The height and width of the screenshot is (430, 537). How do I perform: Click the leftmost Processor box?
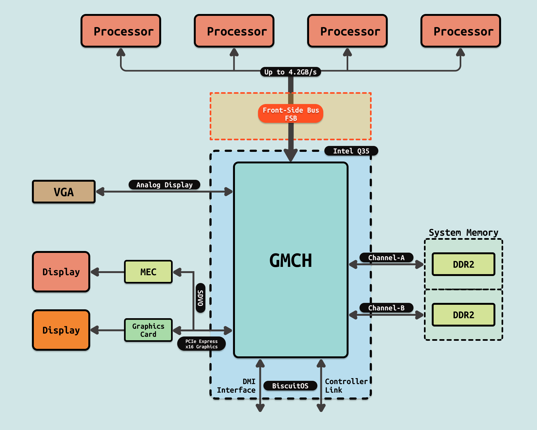tap(121, 31)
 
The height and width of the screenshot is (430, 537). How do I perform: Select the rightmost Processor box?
tap(460, 31)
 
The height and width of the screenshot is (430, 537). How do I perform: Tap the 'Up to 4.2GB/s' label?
tap(291, 72)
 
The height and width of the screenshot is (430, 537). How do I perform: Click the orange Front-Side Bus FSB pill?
tap(291, 114)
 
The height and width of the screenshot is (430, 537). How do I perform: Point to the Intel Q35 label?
tap(351, 151)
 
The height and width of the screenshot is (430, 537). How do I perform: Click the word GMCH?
tap(291, 260)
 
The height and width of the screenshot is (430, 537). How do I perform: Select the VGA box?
tap(64, 192)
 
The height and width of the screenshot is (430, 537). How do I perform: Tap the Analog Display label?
tap(164, 185)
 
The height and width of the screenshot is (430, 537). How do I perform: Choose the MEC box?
tap(148, 272)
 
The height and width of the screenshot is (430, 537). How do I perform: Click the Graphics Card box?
tap(148, 330)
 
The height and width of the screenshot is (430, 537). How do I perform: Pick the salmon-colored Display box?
tap(61, 272)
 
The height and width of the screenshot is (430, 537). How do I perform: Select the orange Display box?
tap(61, 330)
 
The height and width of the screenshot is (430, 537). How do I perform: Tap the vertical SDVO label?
tap(201, 298)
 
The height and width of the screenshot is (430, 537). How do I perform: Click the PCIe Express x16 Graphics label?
tap(201, 344)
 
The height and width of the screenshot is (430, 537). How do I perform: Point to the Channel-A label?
tap(386, 258)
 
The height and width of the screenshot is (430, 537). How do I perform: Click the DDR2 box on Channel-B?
tap(463, 315)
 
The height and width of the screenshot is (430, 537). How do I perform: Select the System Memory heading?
tap(463, 232)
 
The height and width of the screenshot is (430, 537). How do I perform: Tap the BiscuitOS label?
tap(290, 386)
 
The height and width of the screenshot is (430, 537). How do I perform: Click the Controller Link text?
tap(346, 386)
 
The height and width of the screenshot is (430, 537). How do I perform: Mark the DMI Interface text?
tap(236, 386)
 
